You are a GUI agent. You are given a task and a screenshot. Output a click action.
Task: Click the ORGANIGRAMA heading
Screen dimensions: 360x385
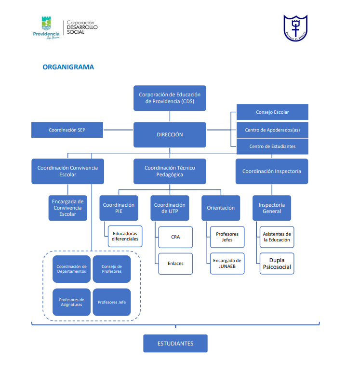pos(68,67)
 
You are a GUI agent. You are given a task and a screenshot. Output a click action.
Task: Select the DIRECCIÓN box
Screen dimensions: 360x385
pos(170,134)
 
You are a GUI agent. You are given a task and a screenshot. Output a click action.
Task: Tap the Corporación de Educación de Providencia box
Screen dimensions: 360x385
pos(170,98)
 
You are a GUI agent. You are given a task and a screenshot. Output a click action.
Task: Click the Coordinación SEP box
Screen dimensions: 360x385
pos(67,130)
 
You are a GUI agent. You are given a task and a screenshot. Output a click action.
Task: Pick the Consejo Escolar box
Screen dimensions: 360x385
pos(272,112)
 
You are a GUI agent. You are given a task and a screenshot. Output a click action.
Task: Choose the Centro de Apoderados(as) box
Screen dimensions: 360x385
pos(272,130)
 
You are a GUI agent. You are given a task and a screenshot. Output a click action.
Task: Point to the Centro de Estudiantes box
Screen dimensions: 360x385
pos(272,146)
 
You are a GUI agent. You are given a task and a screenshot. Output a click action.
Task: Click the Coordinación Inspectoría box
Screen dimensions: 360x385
pos(272,171)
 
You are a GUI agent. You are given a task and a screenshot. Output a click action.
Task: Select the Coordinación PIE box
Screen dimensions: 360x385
pos(119,208)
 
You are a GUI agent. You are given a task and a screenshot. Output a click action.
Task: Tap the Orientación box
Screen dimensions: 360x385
pos(221,208)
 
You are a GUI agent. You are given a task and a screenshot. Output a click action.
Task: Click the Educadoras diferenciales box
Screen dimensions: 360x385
pos(125,236)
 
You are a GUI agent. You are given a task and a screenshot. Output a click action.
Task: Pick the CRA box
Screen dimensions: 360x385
pos(175,237)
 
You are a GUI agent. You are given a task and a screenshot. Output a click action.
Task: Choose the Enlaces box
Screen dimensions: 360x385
pos(175,264)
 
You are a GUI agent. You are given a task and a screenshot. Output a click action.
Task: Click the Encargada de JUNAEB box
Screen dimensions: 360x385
pos(227,264)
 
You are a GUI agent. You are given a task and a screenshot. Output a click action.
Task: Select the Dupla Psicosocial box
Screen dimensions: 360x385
pos(277,264)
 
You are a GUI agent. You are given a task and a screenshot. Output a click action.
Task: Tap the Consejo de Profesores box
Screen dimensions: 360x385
pos(112,269)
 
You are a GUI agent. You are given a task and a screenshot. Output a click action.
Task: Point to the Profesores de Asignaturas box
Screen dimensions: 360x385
pos(71,302)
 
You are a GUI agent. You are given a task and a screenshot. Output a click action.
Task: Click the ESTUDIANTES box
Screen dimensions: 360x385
pos(175,343)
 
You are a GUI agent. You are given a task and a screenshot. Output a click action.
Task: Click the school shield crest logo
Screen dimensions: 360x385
pos(295,28)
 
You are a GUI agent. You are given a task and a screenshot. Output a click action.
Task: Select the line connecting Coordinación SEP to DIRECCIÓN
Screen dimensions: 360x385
pos(118,130)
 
